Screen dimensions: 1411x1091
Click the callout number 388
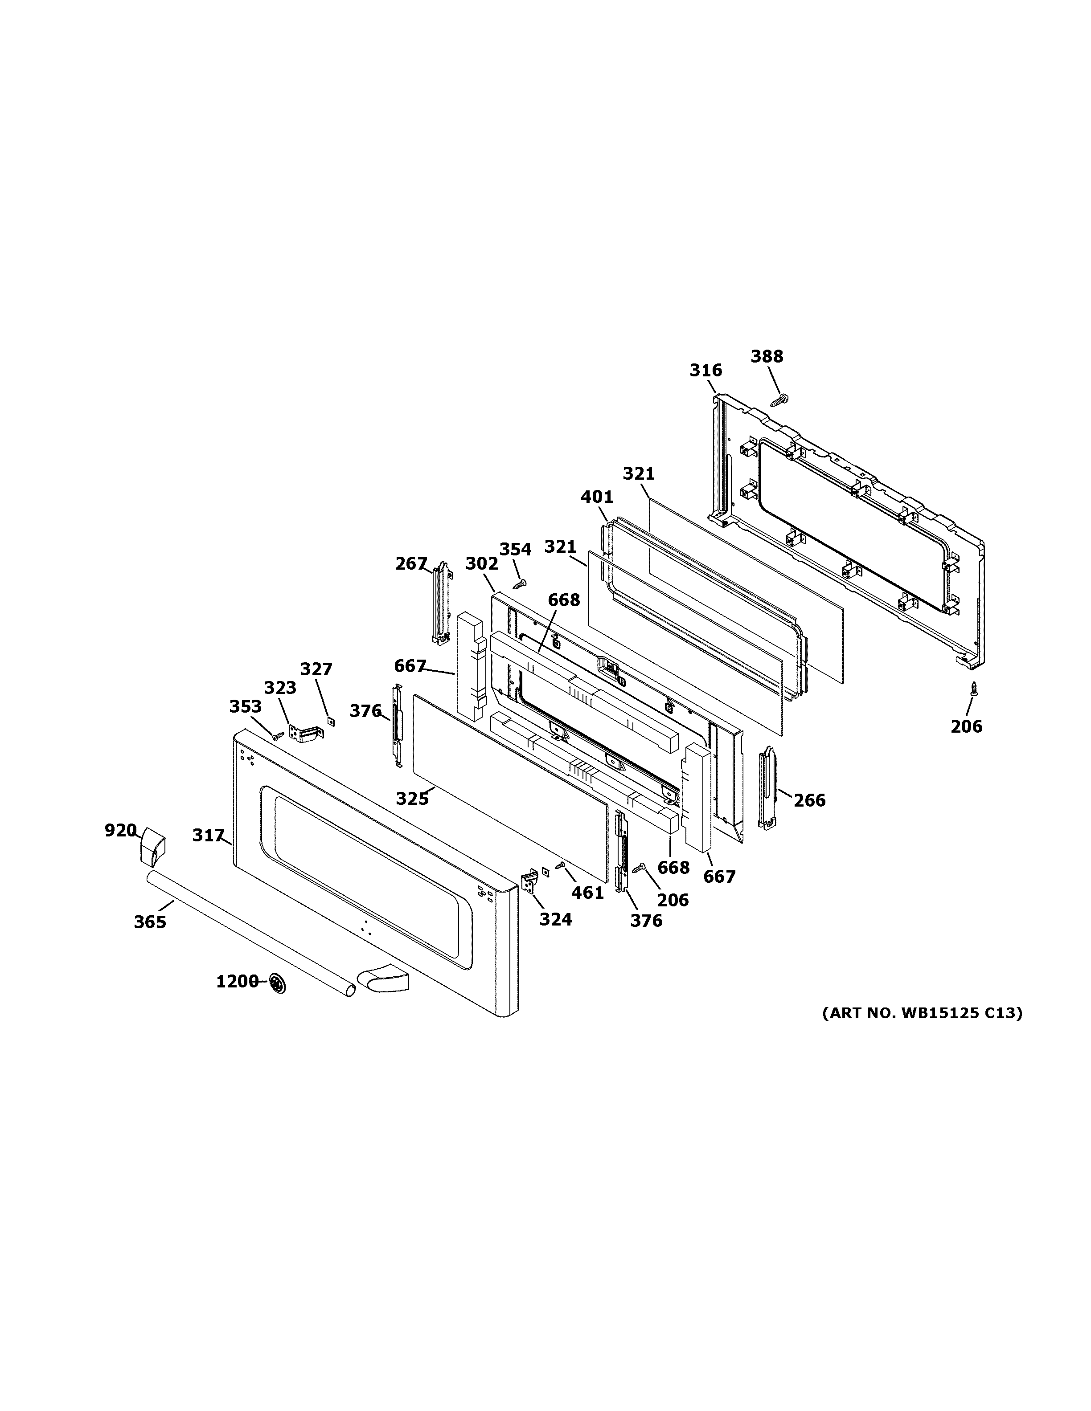pyautogui.click(x=767, y=357)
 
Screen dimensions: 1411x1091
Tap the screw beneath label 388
pyautogui.click(x=779, y=400)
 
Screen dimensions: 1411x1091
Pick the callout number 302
pyautogui.click(x=482, y=564)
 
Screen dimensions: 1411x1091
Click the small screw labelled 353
pyautogui.click(x=279, y=735)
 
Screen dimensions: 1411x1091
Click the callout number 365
pyautogui.click(x=150, y=922)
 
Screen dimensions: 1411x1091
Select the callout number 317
pyautogui.click(x=208, y=836)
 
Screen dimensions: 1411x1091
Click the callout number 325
pyautogui.click(x=412, y=799)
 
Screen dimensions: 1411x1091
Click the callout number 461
pyautogui.click(x=587, y=893)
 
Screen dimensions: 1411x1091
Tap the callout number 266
pyautogui.click(x=809, y=800)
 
